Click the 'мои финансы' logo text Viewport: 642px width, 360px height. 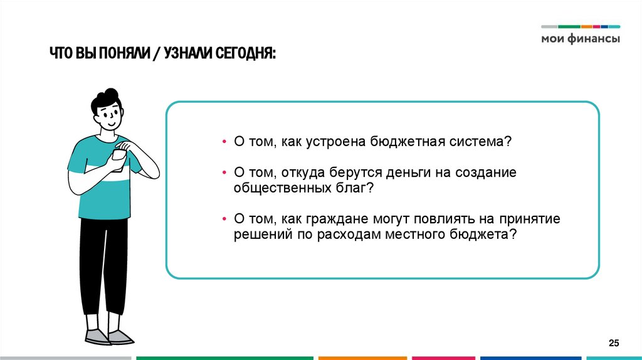(581, 38)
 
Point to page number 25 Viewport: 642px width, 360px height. (614, 342)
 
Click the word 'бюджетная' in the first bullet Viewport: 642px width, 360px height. (402, 142)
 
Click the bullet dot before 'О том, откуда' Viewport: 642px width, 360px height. (224, 172)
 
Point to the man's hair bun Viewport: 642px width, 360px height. (111, 94)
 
